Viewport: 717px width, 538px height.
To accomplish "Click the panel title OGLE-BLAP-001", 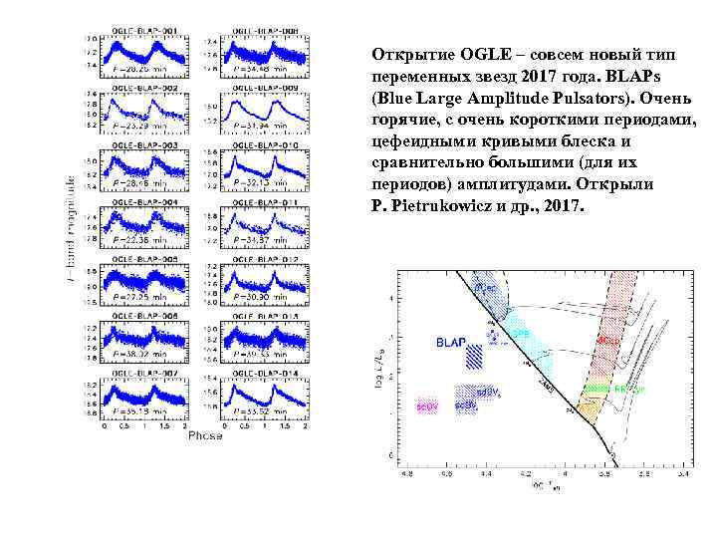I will [142, 32].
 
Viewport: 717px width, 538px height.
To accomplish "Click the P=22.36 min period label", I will [142, 240].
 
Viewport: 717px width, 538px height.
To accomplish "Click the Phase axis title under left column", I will [205, 435].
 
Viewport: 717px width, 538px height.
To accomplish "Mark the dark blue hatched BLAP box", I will [478, 357].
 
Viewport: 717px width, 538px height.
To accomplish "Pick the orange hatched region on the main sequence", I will [588, 408].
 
